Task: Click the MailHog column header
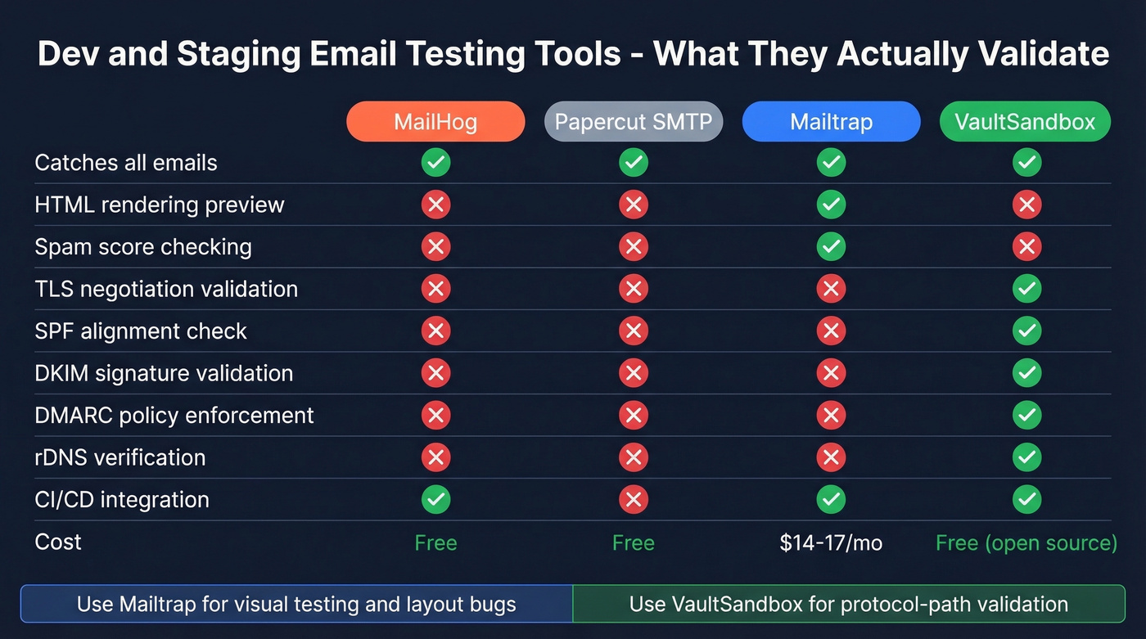(435, 122)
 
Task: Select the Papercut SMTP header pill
(634, 122)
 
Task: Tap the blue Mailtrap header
(831, 122)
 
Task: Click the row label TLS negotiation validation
(166, 289)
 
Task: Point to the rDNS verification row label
(120, 457)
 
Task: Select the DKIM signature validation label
(164, 373)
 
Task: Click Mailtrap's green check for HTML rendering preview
(831, 205)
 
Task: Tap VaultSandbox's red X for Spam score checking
(1026, 246)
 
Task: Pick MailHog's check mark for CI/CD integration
(435, 499)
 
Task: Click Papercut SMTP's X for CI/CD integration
(634, 499)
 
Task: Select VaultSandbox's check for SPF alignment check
(1026, 331)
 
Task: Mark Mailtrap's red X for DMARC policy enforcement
(831, 415)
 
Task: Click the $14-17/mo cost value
(831, 542)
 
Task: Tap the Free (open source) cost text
(1026, 542)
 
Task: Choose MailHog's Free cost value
(435, 542)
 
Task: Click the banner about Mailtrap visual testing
(296, 605)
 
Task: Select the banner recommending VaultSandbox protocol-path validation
(849, 605)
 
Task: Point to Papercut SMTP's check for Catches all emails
(634, 162)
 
